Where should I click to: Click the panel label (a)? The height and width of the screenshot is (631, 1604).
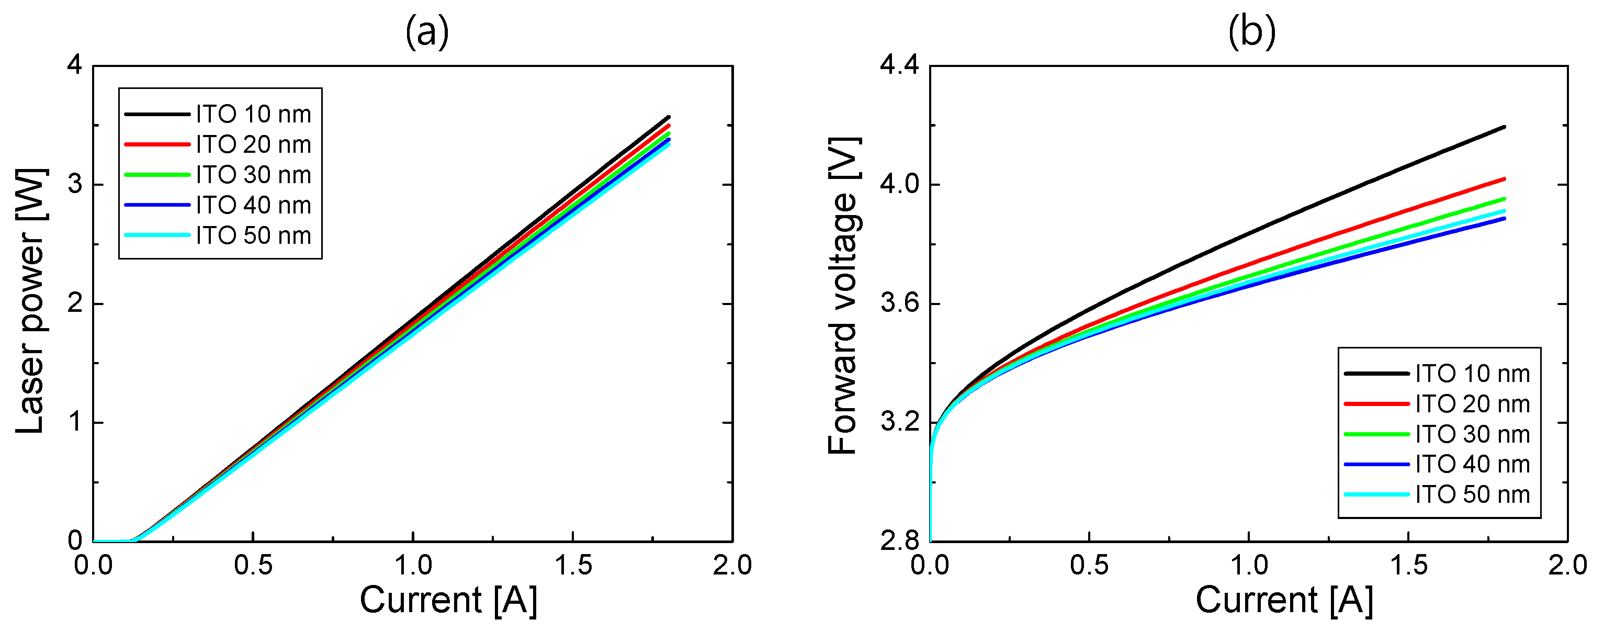(x=426, y=32)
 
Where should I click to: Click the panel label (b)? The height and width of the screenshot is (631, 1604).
(x=1251, y=32)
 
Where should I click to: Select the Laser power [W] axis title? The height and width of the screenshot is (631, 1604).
(x=30, y=300)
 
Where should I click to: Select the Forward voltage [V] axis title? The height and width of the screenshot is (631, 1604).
(x=844, y=295)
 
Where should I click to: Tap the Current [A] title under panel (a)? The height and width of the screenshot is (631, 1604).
(x=448, y=600)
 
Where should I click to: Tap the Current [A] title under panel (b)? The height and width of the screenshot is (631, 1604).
(x=1284, y=600)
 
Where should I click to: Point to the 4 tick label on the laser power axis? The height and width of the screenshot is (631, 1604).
(x=75, y=64)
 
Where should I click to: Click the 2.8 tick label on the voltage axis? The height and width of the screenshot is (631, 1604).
(x=899, y=540)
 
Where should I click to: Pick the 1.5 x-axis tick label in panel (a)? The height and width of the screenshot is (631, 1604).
(x=573, y=565)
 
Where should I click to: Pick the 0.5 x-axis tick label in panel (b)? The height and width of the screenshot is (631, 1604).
(x=1090, y=565)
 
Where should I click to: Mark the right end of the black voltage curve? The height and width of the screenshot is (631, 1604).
(x=1503, y=127)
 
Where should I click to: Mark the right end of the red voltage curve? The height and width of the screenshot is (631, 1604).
(x=1503, y=179)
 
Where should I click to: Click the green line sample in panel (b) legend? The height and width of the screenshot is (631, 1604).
(x=1376, y=434)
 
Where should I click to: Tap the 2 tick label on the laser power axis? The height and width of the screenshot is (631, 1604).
(x=75, y=303)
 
